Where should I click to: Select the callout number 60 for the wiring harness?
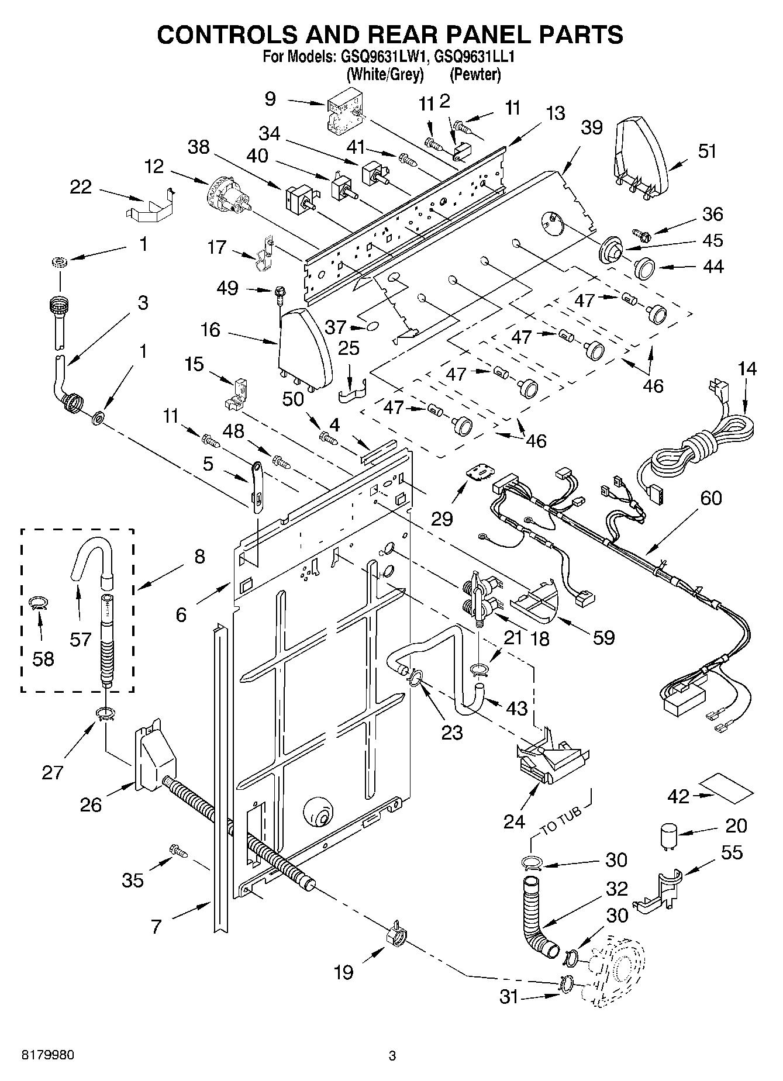(x=710, y=499)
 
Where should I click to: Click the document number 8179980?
(x=48, y=1056)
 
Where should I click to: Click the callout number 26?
(x=91, y=804)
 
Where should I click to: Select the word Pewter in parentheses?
(x=475, y=75)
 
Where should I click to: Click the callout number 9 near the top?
(x=270, y=99)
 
